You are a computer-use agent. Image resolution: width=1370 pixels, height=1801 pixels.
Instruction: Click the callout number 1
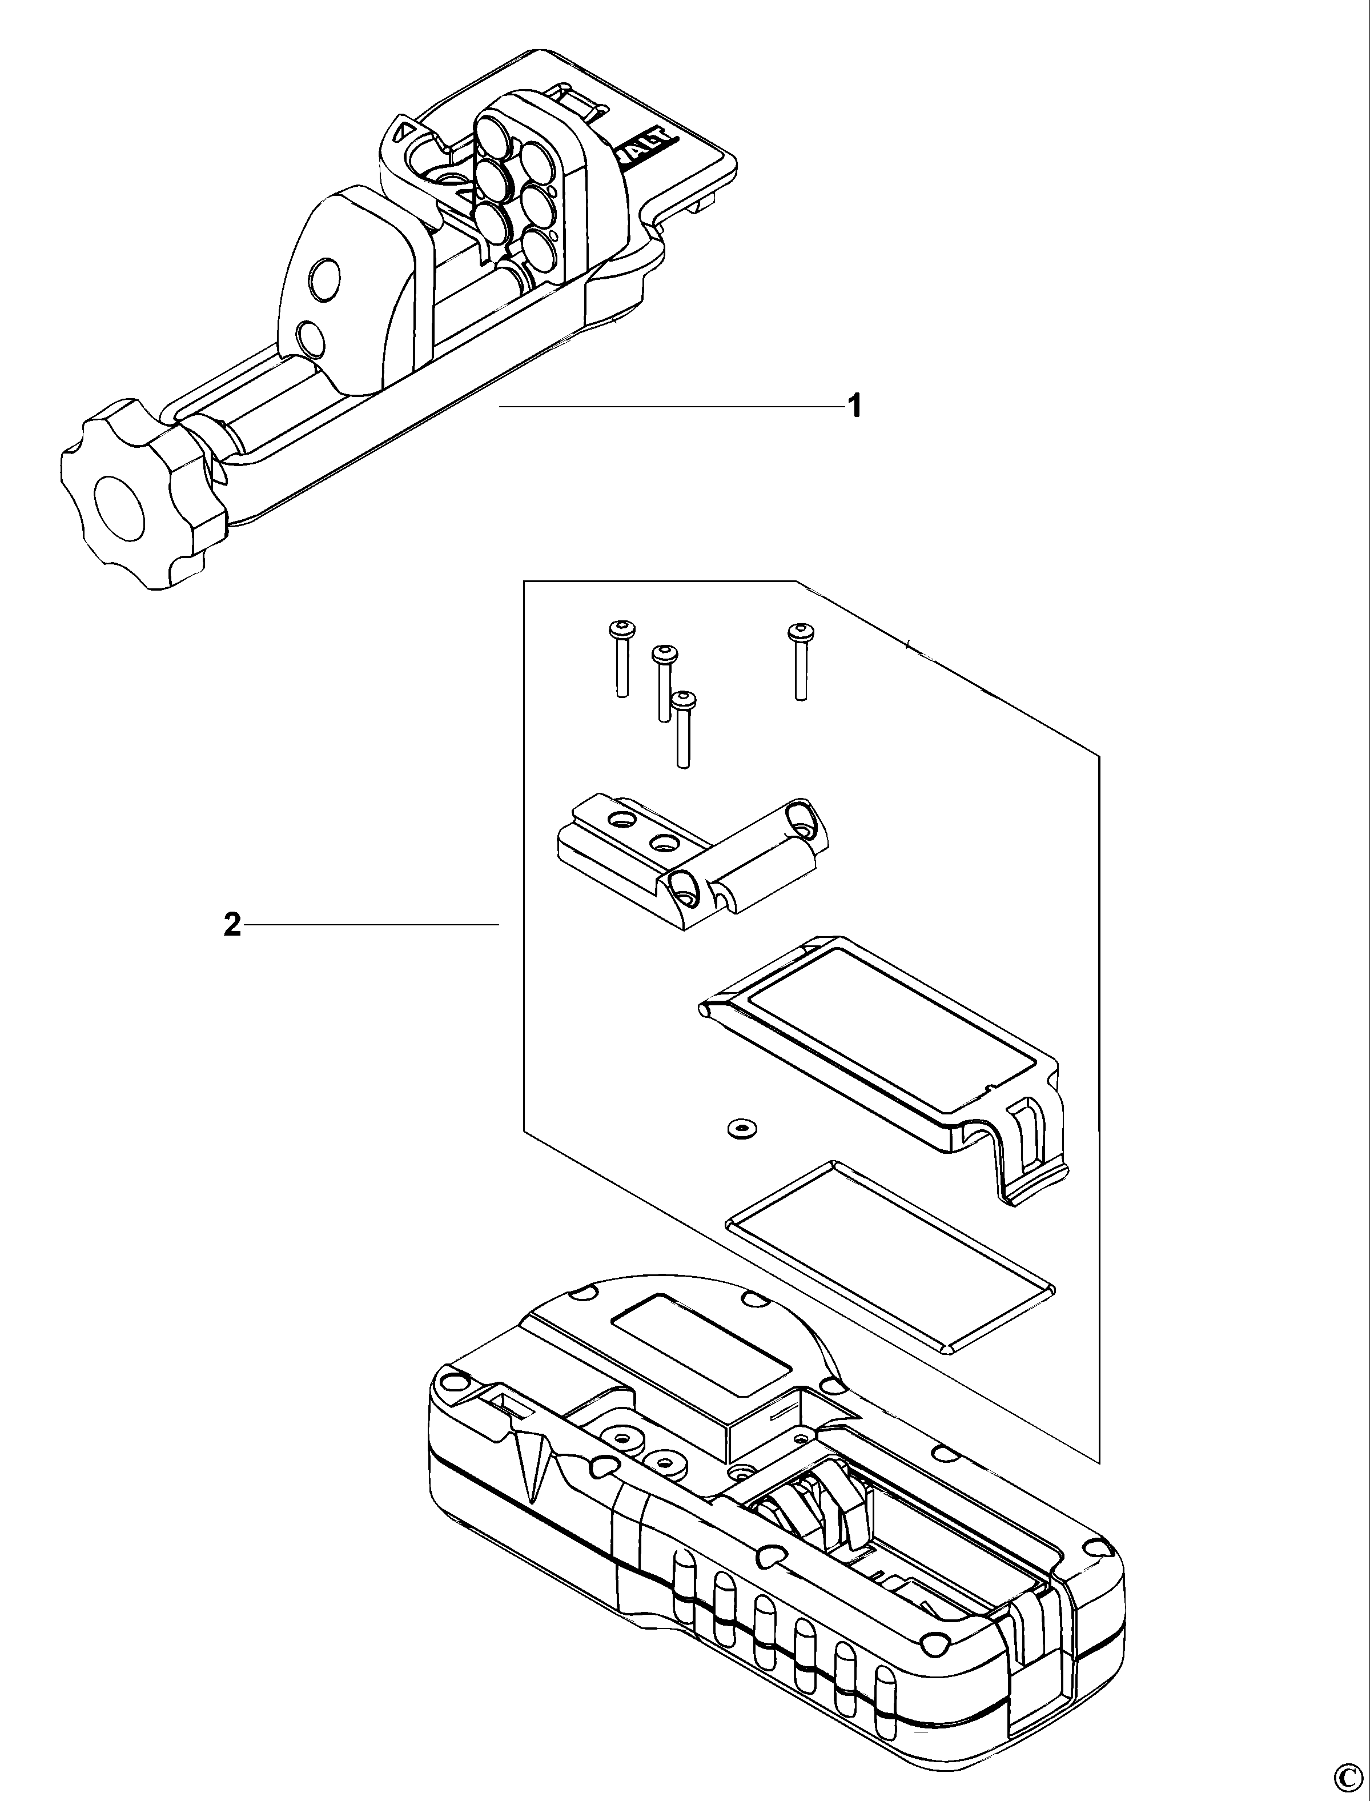(x=855, y=406)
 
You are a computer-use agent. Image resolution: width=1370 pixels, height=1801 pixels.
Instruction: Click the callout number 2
(x=232, y=925)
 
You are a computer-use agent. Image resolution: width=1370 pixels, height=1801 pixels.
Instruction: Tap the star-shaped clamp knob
(x=139, y=494)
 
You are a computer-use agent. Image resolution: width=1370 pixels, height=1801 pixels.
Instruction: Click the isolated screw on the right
(x=799, y=661)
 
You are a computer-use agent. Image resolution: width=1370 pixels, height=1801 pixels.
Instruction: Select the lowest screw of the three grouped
(x=682, y=730)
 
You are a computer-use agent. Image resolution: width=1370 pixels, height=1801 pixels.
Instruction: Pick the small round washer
(x=740, y=1129)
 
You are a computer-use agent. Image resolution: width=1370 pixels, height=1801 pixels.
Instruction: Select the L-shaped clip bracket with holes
(x=693, y=865)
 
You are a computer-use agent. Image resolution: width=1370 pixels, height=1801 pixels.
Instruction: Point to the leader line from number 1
(x=669, y=406)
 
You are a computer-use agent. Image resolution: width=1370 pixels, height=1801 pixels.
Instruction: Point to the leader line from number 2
(x=371, y=925)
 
